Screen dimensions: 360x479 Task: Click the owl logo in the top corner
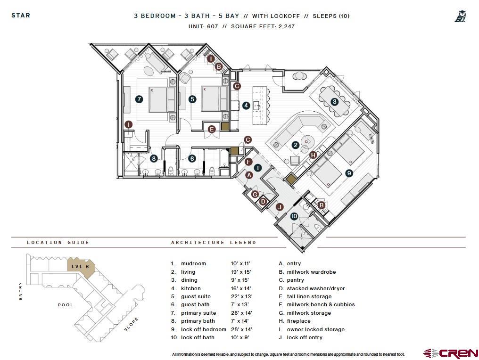coord(460,16)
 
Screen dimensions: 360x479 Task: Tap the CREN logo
coord(451,353)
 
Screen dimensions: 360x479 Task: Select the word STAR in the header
coord(21,16)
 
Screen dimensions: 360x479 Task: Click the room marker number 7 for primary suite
coord(139,99)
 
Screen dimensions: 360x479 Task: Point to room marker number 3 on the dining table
coord(334,101)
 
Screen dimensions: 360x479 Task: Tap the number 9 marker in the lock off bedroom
coord(349,173)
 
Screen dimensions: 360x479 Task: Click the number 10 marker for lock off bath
coord(294,216)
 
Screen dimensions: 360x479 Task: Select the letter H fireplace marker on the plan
coord(313,155)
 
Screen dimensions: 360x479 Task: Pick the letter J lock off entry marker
coord(280,207)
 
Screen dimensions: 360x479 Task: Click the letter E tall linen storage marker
coord(212,129)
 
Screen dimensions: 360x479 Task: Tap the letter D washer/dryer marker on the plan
coord(263,202)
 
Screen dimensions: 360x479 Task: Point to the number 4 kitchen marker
coord(246,106)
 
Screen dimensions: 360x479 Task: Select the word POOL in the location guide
coord(66,305)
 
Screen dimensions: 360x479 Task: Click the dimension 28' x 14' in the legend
coord(241,329)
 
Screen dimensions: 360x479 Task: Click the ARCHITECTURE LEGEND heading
coord(214,243)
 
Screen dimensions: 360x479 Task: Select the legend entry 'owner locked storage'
coord(315,329)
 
